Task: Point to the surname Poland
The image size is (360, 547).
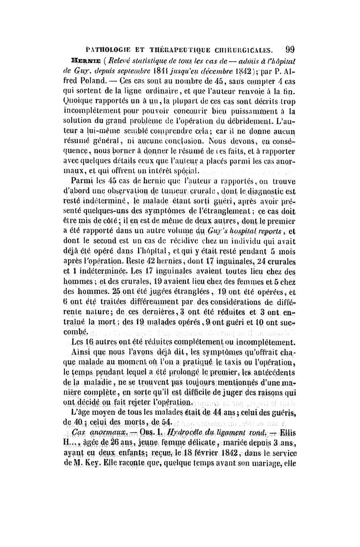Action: coord(94,81)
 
